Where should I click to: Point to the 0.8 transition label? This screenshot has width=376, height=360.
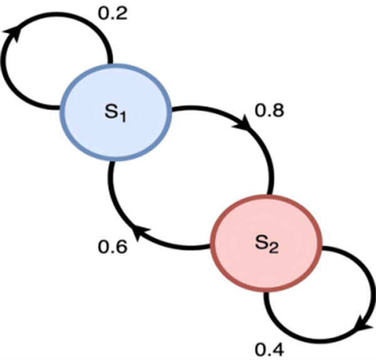270,111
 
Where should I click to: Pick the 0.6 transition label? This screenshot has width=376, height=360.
113,246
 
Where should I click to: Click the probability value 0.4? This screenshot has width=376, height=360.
269,347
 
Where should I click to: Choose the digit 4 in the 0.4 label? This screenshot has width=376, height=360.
277,347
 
